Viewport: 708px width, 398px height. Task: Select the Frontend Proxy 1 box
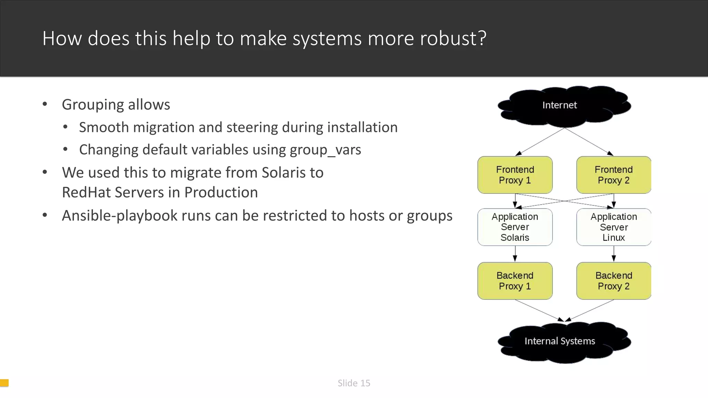coord(515,175)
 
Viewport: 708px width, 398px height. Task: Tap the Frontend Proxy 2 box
coord(614,175)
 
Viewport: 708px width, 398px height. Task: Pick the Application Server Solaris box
coord(515,227)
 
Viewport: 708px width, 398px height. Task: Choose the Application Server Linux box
coord(614,227)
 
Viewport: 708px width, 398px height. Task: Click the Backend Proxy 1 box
coord(515,281)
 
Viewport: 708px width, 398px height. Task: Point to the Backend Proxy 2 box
coord(614,281)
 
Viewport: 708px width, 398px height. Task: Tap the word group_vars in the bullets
coord(325,150)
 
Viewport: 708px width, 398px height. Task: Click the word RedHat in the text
coord(86,192)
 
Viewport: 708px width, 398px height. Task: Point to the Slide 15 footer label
coord(354,383)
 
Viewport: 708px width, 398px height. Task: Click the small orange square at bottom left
coord(4,383)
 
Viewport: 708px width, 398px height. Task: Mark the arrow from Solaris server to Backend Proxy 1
coord(515,254)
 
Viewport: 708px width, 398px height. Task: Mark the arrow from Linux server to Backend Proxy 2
coord(614,254)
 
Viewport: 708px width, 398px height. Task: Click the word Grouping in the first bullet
coord(92,105)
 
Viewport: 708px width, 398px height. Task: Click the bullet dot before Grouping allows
coord(45,104)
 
